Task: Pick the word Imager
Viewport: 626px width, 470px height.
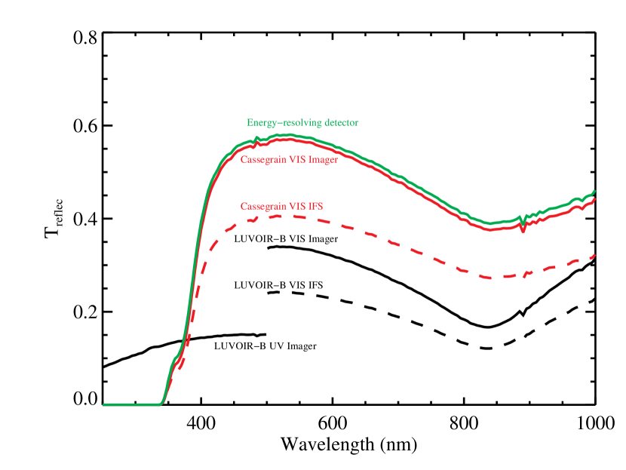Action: tap(323, 160)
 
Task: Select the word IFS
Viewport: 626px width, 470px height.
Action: tap(315, 206)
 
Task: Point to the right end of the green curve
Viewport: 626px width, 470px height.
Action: tap(595, 191)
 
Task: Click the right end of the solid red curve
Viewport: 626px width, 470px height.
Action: tap(595, 199)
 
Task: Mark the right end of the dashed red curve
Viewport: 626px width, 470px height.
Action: tap(595, 255)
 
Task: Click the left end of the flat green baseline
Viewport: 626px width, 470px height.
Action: tap(104, 404)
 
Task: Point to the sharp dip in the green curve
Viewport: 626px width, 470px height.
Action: tap(523, 223)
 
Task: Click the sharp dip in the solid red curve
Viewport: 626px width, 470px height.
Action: tap(523, 231)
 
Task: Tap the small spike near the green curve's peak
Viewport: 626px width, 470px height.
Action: tap(257, 138)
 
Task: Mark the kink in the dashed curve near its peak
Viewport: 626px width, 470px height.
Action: tap(257, 219)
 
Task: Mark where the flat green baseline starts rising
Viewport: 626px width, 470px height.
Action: tap(161, 403)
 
